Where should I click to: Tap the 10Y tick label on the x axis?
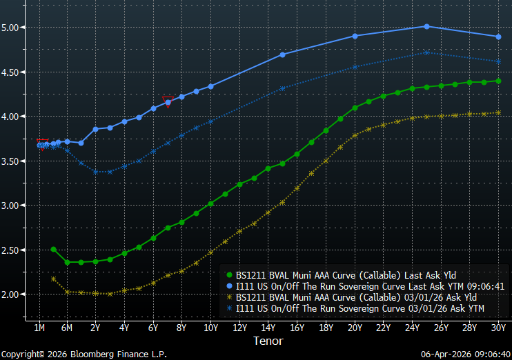tap(210, 328)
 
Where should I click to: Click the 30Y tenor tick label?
tap(498, 328)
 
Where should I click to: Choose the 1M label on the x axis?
tap(39, 328)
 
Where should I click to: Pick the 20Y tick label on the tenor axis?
tap(355, 328)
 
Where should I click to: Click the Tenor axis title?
tap(268, 341)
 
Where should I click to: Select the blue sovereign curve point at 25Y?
tap(426, 27)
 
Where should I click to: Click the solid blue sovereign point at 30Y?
tap(498, 37)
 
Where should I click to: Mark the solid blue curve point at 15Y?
tap(283, 54)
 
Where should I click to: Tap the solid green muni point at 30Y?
tap(498, 81)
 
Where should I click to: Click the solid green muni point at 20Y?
tap(355, 108)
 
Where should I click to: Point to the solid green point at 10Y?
tap(210, 203)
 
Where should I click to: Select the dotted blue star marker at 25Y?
tap(426, 52)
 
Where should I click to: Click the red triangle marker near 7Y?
tap(167, 100)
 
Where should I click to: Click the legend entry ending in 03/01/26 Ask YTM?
tap(360, 308)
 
